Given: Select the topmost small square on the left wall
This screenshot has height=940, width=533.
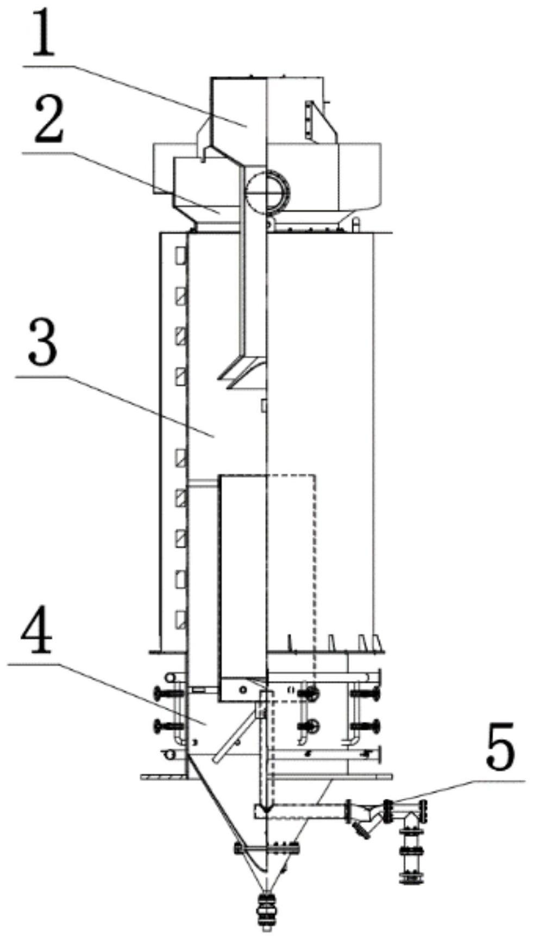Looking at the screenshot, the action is pos(180,254).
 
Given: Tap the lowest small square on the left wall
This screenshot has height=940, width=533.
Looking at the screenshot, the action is pos(180,619).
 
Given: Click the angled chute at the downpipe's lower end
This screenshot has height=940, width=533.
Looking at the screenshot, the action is pos(242,374).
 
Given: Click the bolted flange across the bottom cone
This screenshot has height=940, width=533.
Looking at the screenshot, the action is pos(266,847).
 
